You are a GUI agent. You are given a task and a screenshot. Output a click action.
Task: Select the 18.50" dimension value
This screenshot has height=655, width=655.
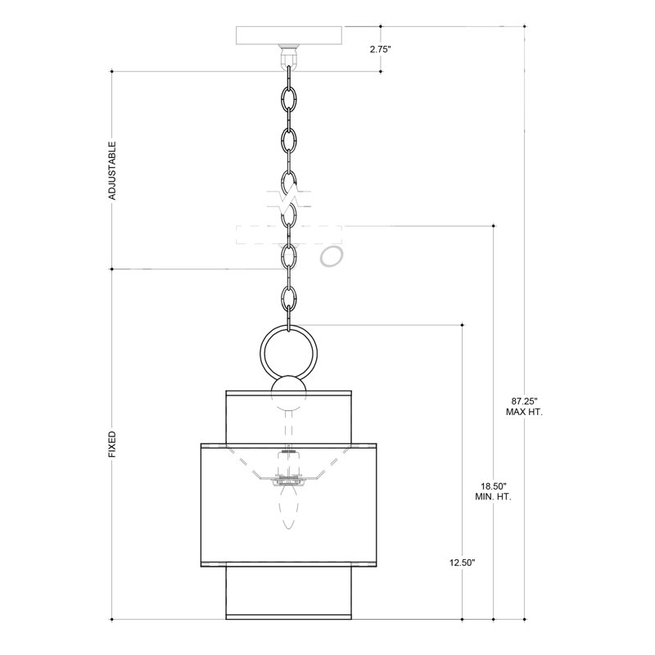pyautogui.click(x=494, y=486)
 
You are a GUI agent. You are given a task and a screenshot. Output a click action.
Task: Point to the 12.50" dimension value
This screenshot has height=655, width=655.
pyautogui.click(x=463, y=563)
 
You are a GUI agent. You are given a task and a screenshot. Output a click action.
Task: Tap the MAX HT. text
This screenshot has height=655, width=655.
pyautogui.click(x=524, y=413)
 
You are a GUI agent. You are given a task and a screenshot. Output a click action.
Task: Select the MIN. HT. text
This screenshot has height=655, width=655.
pyautogui.click(x=494, y=497)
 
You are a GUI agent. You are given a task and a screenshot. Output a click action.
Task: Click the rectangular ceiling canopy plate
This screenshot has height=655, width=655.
pyautogui.click(x=287, y=35)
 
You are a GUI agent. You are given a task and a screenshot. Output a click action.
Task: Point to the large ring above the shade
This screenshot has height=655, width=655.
pyautogui.click(x=286, y=351)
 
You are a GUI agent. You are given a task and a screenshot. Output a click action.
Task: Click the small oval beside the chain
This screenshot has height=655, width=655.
pyautogui.click(x=332, y=257)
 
